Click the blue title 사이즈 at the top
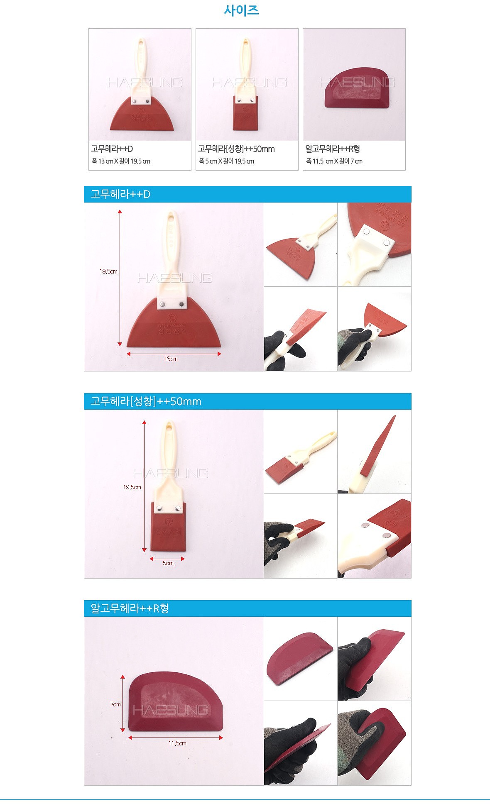(241, 10)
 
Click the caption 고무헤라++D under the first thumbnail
(112, 149)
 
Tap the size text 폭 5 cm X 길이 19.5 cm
(226, 161)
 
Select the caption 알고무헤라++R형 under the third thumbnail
(333, 149)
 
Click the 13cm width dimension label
(171, 359)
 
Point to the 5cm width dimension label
(168, 563)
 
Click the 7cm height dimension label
(115, 704)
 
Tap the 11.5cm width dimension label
(177, 743)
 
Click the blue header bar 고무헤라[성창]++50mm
(247, 401)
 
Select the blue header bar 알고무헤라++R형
(247, 608)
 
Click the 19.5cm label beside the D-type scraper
(108, 271)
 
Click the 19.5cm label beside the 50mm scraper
(132, 487)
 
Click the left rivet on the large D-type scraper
(162, 304)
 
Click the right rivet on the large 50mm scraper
(177, 508)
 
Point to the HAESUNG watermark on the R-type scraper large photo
(170, 710)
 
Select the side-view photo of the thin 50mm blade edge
(374, 452)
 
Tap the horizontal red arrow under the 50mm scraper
(167, 558)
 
